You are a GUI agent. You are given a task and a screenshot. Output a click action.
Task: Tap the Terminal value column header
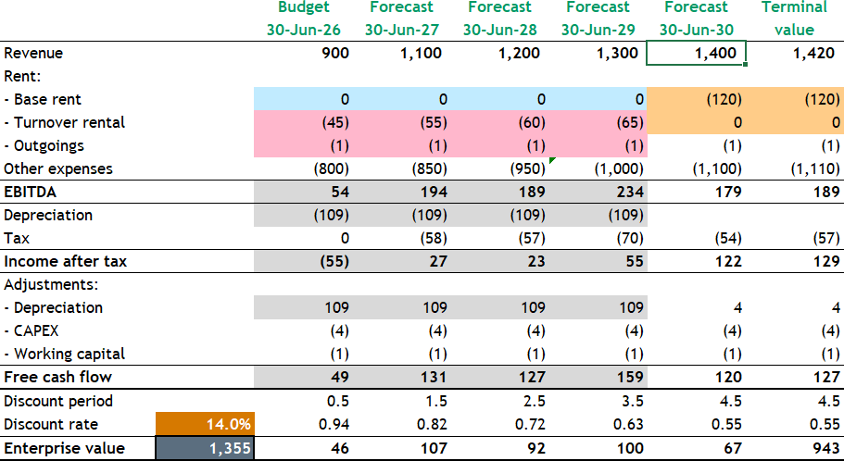794,19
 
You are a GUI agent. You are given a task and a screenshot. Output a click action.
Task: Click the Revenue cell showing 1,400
696,54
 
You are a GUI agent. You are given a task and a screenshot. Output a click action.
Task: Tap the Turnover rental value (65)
625,122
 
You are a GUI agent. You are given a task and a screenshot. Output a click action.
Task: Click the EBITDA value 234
625,192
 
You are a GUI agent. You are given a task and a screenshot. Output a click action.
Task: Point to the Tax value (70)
625,238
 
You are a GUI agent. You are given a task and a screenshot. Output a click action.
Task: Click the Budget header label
303,7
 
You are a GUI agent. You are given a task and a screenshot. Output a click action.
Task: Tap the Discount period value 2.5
528,401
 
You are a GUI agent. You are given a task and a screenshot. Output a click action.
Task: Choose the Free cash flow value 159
625,377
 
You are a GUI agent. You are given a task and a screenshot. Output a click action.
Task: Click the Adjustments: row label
53,284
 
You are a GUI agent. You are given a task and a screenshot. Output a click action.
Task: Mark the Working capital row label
65,354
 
